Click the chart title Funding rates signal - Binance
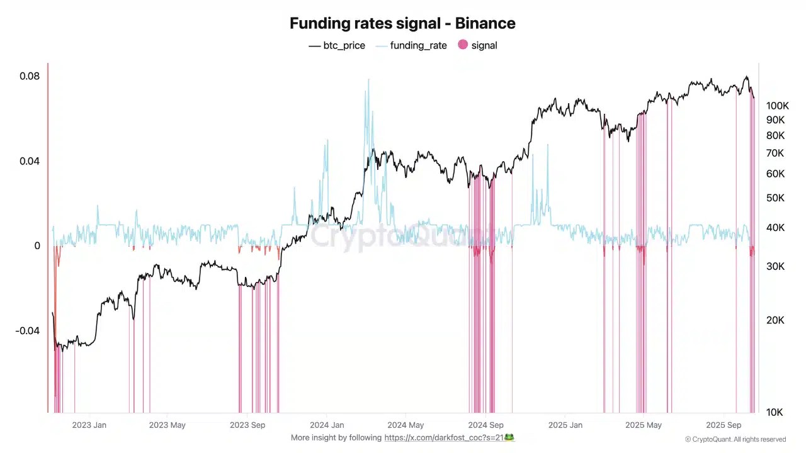coord(402,23)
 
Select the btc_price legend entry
coord(337,45)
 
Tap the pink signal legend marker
coord(463,45)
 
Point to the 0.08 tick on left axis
coord(30,76)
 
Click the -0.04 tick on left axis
coord(28,331)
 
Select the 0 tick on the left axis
coord(37,246)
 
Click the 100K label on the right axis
coord(777,105)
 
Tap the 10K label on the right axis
coord(775,412)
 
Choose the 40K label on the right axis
coord(775,227)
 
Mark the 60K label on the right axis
coord(775,174)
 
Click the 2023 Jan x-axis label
coord(89,425)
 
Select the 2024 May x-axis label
coord(406,425)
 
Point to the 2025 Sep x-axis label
coord(724,425)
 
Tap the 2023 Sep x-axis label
coord(247,425)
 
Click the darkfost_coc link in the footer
coord(449,437)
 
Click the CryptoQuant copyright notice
coord(735,439)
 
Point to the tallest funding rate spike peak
coord(368,79)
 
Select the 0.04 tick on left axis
coord(30,161)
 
